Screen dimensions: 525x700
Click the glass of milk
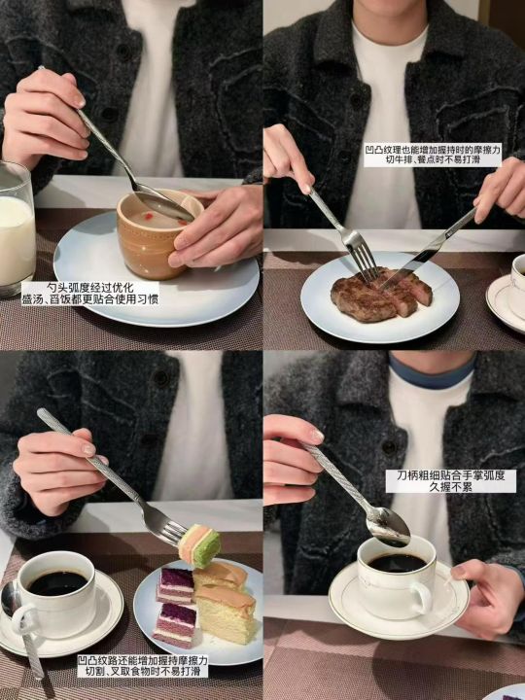17,227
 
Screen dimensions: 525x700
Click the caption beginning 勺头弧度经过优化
90,293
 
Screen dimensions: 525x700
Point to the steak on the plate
381,294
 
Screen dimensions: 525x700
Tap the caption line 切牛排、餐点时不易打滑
433,160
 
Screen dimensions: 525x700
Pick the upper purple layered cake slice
175,585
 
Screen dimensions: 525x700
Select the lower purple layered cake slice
174,625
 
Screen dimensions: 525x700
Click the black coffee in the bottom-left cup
57,582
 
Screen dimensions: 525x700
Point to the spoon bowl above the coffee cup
387,526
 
